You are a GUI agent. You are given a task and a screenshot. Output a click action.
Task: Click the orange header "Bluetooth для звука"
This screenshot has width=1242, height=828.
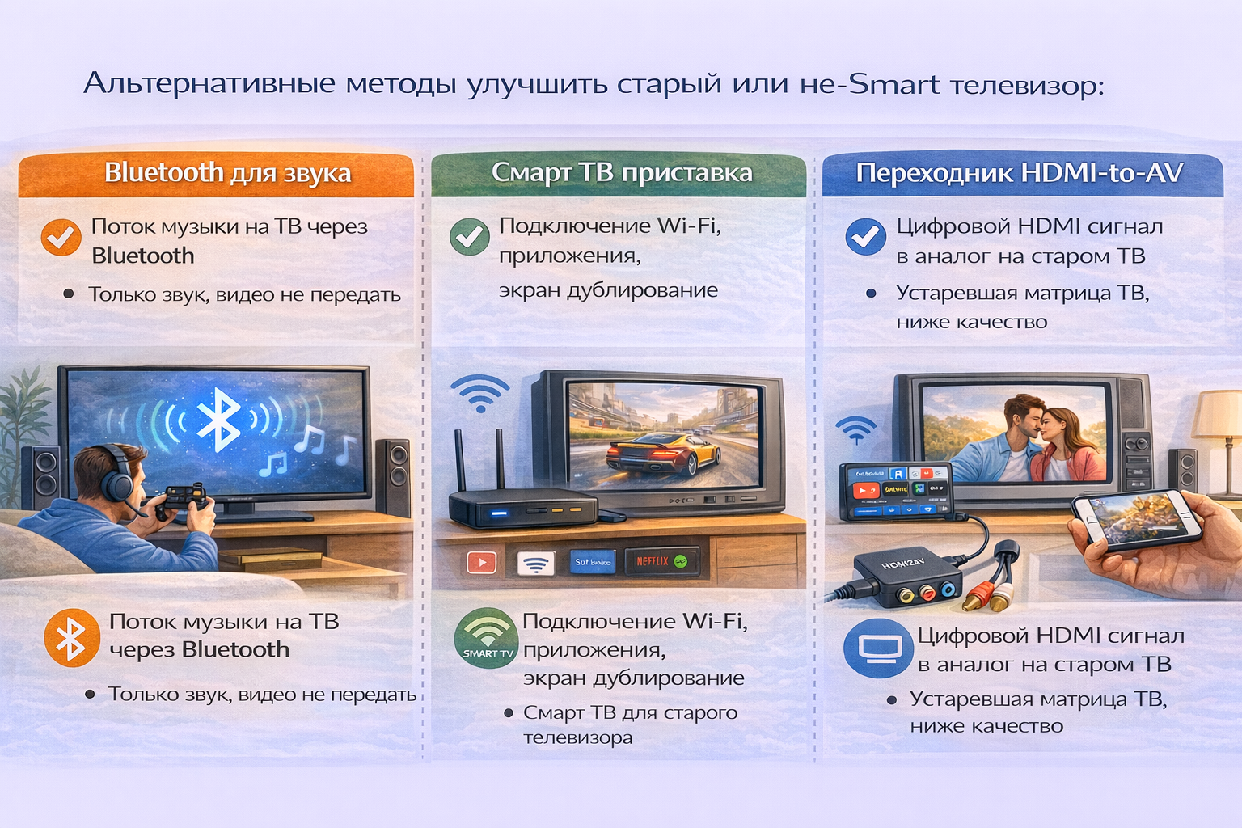(227, 173)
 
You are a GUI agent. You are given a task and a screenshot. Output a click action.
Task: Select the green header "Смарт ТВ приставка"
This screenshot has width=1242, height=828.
(621, 173)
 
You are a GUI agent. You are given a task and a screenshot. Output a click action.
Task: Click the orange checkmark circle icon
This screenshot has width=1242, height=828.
(61, 237)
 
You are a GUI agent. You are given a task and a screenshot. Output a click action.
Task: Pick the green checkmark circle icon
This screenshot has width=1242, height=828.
(469, 237)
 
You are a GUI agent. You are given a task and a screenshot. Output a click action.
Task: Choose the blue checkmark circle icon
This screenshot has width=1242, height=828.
(865, 236)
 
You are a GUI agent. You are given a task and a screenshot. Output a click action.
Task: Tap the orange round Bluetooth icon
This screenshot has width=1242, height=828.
(71, 637)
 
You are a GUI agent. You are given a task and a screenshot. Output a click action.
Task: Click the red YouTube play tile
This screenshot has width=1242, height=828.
(482, 562)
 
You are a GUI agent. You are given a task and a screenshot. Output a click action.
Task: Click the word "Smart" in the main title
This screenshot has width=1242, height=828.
(893, 84)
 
